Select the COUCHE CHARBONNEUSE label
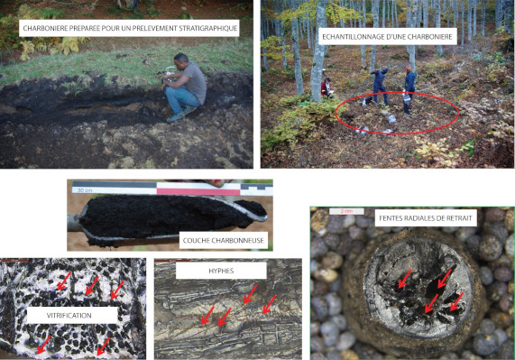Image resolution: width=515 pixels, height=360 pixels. [224, 240]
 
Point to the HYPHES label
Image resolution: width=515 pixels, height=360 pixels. [221, 271]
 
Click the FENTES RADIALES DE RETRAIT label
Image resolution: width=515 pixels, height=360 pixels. [426, 218]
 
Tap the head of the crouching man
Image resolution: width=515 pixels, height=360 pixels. [180, 61]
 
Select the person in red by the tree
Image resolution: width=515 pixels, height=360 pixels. [326, 88]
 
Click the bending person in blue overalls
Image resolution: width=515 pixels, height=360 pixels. [379, 86]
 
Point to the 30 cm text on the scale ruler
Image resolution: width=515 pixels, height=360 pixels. [85, 190]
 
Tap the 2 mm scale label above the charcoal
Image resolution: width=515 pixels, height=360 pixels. [346, 211]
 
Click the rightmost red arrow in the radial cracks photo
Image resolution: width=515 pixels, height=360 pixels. [456, 301]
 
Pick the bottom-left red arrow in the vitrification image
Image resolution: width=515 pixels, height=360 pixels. [44, 345]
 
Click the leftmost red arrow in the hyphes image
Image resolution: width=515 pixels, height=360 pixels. [207, 315]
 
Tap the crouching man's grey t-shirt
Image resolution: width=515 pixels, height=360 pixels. [195, 82]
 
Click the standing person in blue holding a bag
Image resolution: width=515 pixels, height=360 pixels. [409, 89]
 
